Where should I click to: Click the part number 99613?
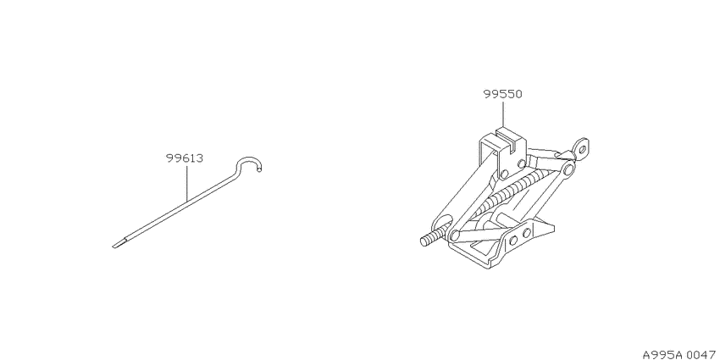click(x=185, y=159)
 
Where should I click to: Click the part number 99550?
click(x=502, y=95)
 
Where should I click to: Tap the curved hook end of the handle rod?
click(x=249, y=164)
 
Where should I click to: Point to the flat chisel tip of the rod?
click(x=119, y=243)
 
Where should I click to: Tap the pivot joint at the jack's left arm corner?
click(x=454, y=235)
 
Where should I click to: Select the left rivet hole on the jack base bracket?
click(x=513, y=239)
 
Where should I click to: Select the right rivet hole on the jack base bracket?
click(x=527, y=232)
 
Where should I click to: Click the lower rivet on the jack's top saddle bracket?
click(x=504, y=174)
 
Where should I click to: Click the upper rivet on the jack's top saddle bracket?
click(x=521, y=163)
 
